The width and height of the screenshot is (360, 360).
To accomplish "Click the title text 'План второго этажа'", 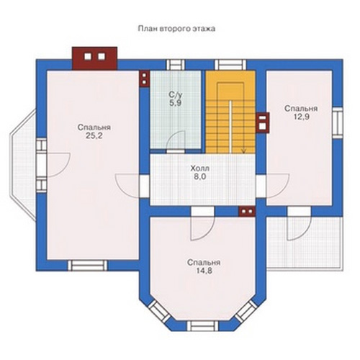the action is point(176,29).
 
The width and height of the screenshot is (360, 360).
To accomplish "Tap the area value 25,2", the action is point(94,136).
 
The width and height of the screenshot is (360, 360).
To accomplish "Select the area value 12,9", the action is point(301,117).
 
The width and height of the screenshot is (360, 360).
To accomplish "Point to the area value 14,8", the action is point(204,271).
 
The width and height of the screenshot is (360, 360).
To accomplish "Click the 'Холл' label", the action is point(199,168).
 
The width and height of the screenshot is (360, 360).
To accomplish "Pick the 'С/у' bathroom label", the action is point(176,95).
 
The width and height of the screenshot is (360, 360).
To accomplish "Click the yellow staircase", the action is point(230,112).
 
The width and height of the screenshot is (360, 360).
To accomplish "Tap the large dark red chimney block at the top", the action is point(95,58).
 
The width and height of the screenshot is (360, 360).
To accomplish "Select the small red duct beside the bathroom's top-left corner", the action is point(144,78).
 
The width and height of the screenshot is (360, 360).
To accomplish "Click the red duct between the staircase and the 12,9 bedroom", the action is point(263,122).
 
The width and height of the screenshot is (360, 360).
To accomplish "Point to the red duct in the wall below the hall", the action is point(247,212).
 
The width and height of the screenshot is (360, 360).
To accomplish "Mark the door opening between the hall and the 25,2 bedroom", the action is point(145,186).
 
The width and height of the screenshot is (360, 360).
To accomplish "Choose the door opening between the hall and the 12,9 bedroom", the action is point(261,186).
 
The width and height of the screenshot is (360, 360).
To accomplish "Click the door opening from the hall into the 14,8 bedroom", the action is point(202,212).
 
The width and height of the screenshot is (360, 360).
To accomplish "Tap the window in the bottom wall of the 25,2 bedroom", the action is point(88,266).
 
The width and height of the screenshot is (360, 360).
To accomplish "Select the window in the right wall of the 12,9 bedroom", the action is point(338,122).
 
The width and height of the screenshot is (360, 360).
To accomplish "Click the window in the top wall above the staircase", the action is point(230,65).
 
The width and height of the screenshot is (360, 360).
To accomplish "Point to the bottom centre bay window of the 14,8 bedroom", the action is point(203,325).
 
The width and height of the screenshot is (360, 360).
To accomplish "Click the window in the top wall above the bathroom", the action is point(176,65).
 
